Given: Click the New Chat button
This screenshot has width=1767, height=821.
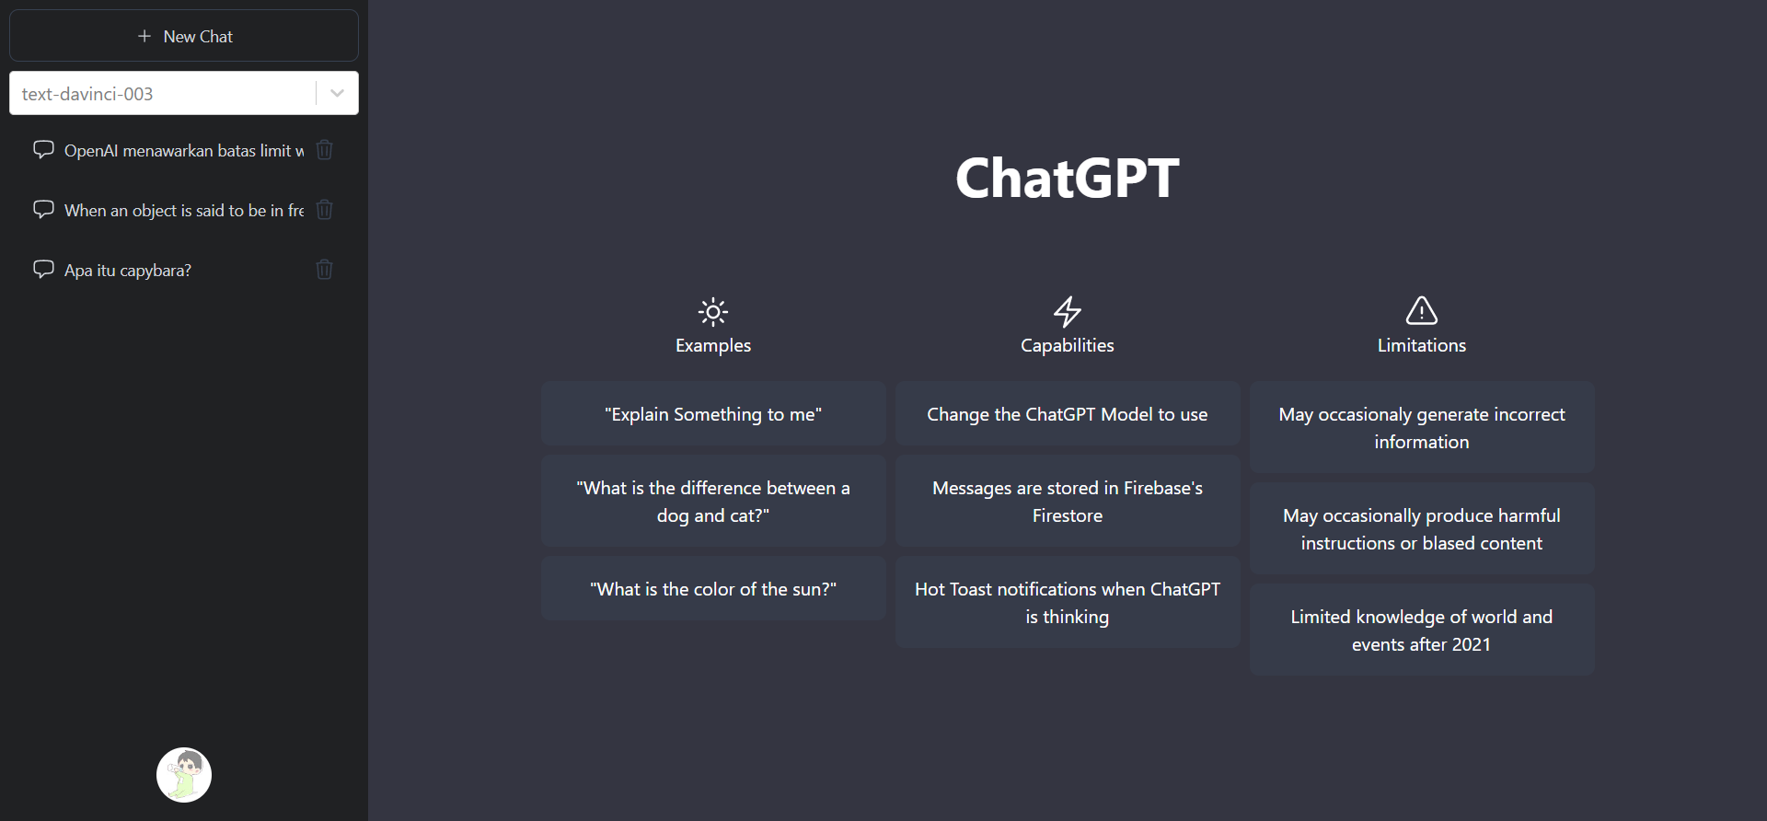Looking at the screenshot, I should (184, 36).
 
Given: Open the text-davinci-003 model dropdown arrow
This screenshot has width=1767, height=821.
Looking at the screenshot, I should (337, 93).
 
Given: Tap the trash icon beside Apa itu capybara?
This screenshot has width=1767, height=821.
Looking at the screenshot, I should (324, 270).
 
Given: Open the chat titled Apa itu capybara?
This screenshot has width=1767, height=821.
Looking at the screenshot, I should (128, 270).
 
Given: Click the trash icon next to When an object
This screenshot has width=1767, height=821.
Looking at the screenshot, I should (324, 210).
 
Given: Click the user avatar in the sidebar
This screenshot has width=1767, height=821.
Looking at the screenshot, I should (184, 774).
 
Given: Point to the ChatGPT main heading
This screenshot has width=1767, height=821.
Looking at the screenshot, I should (1067, 178).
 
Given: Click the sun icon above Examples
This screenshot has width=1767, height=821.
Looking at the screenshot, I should (713, 312).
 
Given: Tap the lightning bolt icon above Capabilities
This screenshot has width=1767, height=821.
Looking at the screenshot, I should (1068, 312).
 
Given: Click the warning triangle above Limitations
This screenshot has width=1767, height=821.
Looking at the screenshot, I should (1422, 311).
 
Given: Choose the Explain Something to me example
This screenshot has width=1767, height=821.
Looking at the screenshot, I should (713, 414).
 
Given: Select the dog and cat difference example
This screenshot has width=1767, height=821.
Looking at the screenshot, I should (713, 502).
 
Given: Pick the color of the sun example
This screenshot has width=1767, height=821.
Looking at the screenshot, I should (713, 589).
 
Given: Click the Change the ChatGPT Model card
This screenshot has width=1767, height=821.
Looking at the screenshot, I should (1068, 414).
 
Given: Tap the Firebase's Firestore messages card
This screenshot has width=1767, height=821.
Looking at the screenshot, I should (1068, 502).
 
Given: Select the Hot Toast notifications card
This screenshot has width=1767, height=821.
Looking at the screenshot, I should (1068, 603).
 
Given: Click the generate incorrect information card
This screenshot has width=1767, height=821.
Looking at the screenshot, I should (1422, 428).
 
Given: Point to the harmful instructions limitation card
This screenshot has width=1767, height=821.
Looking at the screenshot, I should (1422, 529).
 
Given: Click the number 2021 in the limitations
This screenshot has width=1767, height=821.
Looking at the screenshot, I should (1470, 644).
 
